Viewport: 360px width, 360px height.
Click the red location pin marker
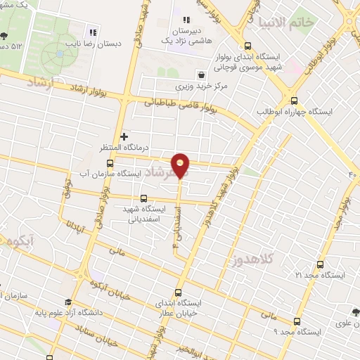click(x=181, y=165)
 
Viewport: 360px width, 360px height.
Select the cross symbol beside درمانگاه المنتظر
click(x=124, y=136)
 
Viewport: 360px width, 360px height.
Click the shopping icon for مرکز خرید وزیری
click(x=202, y=74)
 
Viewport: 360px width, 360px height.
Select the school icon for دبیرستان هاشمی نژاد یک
click(x=186, y=20)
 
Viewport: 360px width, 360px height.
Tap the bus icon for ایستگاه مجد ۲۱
click(x=320, y=265)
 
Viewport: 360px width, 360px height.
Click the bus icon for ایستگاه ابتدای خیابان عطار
click(x=177, y=292)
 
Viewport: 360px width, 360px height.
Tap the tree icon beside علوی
click(x=356, y=313)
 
